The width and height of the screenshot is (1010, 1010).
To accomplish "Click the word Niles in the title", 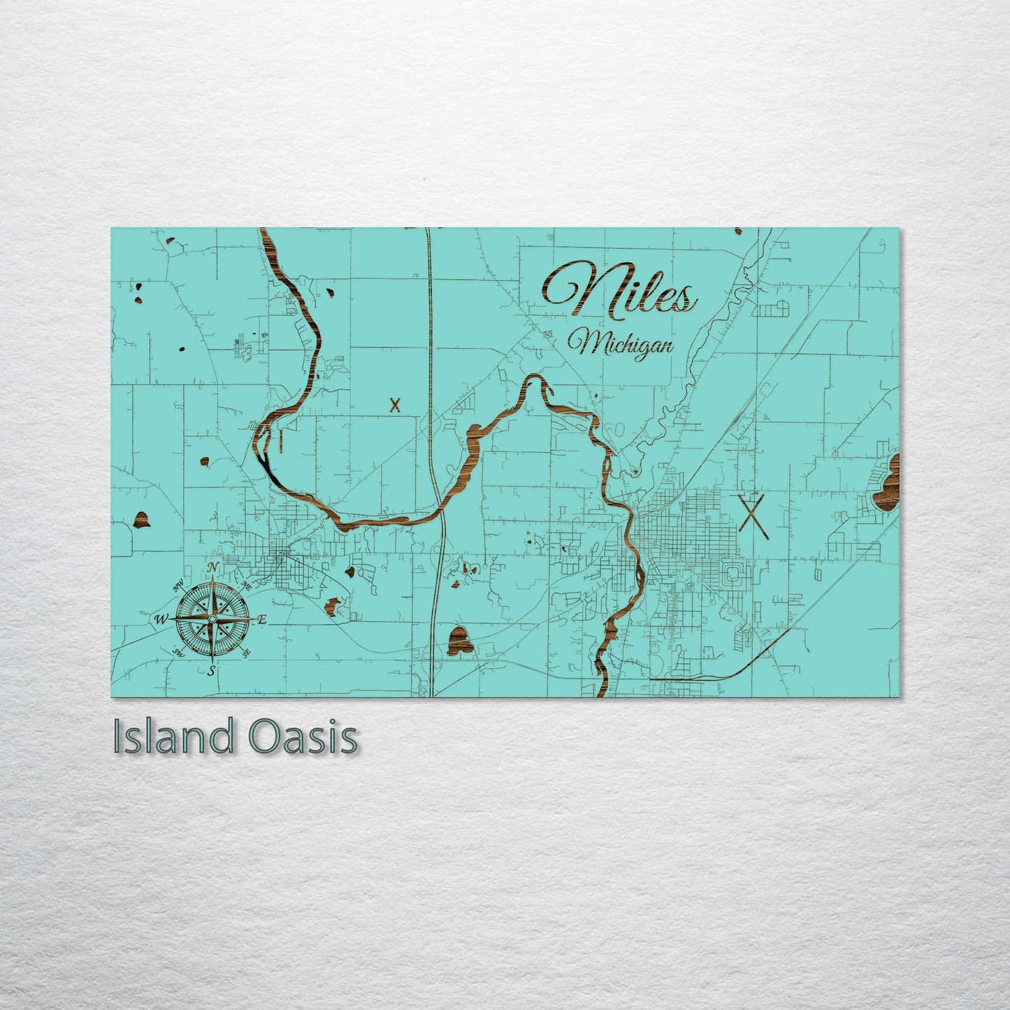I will [621, 290].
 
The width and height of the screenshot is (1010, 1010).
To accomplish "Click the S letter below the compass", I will [212, 672].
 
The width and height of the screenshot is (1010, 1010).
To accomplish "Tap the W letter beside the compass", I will [161, 619].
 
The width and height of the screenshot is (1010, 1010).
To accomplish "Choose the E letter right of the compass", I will [263, 619].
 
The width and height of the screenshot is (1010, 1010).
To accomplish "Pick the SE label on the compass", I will [246, 654].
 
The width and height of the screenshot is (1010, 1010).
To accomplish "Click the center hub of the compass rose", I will [212, 619].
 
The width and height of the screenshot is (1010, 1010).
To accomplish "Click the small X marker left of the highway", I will [396, 405].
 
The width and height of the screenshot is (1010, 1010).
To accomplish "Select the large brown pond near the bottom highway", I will [459, 640].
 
